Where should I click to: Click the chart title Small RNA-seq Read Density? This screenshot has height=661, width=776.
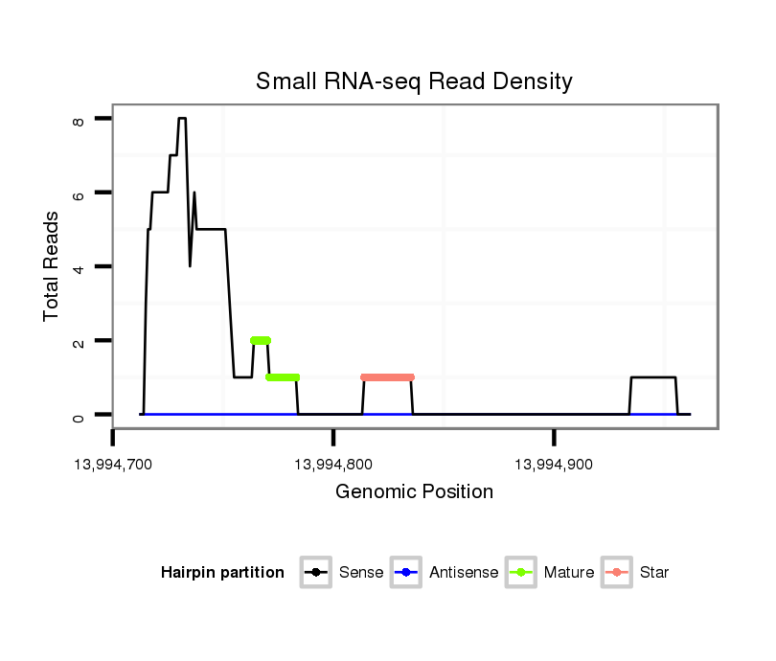pyautogui.click(x=414, y=82)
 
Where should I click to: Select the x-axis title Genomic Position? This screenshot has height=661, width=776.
pyautogui.click(x=414, y=492)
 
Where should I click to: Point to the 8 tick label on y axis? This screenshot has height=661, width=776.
pyautogui.click(x=79, y=119)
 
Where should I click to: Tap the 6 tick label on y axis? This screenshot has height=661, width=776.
pyautogui.click(x=79, y=193)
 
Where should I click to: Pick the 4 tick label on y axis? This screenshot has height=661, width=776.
pyautogui.click(x=79, y=266)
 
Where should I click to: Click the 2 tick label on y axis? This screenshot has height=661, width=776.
pyautogui.click(x=79, y=341)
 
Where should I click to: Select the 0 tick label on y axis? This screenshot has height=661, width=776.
pyautogui.click(x=79, y=415)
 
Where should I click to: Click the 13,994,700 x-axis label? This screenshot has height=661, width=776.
pyautogui.click(x=113, y=466)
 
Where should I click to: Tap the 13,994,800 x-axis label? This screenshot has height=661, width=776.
pyautogui.click(x=333, y=466)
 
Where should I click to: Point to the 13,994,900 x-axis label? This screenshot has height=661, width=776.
pyautogui.click(x=555, y=466)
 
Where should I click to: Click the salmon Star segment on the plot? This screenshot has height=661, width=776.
pyautogui.click(x=387, y=377)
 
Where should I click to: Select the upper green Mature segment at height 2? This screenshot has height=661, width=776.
pyautogui.click(x=261, y=340)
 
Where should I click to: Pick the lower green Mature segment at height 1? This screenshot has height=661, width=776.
pyautogui.click(x=283, y=377)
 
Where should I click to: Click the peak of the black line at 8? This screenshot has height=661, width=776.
pyautogui.click(x=182, y=119)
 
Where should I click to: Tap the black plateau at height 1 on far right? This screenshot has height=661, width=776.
pyautogui.click(x=653, y=377)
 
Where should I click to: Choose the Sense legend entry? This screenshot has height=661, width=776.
pyautogui.click(x=345, y=573)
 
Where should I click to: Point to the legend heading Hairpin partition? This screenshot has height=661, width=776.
pyautogui.click(x=222, y=573)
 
